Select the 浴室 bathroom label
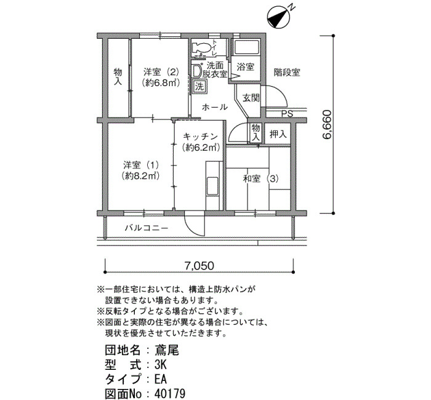(x=246, y=66)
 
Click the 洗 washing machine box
(x=199, y=87)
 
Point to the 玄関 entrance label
(x=251, y=97)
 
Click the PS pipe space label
(x=288, y=113)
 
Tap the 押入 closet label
(x=278, y=134)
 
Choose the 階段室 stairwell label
(x=287, y=73)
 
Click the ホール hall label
(x=215, y=107)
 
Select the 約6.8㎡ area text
(x=161, y=82)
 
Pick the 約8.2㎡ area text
(x=141, y=176)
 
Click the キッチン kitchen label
(x=200, y=137)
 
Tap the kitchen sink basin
(x=212, y=186)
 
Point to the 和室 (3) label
(x=260, y=179)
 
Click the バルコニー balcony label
(x=147, y=228)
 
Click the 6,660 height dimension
(x=328, y=124)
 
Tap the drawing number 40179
(x=169, y=394)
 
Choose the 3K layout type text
(x=161, y=364)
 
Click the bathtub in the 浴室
(x=246, y=47)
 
